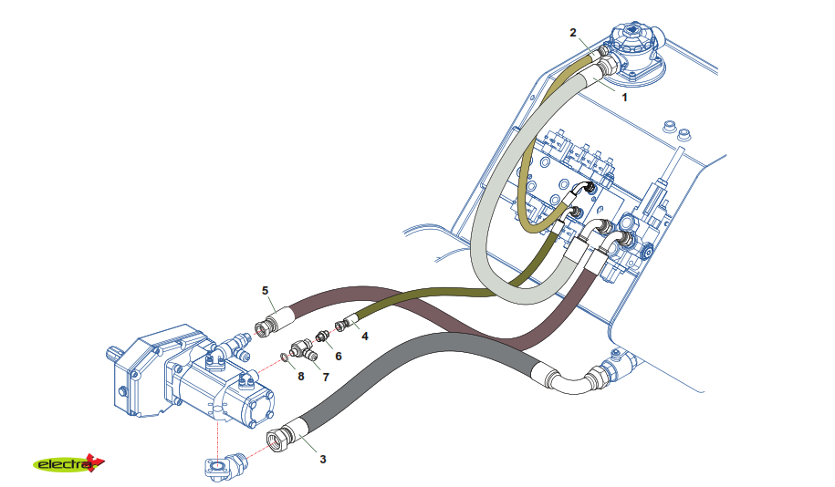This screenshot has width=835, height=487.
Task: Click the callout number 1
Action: point(624,95)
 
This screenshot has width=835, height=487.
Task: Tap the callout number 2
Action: point(573,33)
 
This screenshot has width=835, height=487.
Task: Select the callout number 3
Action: point(322,459)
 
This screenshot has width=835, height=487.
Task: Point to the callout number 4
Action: point(365,336)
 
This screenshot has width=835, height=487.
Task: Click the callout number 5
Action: point(266,290)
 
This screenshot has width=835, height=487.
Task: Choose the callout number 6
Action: point(338,356)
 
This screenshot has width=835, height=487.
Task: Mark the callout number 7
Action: point(325,376)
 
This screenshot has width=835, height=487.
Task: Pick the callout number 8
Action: point(300,376)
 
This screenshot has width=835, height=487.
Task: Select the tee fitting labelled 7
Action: point(300,348)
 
